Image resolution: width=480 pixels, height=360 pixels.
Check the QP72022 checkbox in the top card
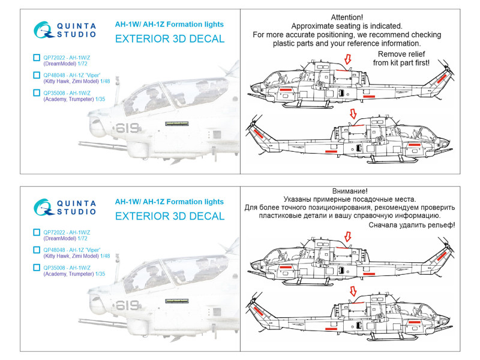tap(37, 58)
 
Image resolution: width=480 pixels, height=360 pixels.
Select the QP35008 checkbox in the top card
tap(37, 93)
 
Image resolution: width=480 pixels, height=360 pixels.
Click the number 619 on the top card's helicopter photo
tap(127, 128)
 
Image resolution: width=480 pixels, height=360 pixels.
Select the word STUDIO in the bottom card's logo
tap(77, 211)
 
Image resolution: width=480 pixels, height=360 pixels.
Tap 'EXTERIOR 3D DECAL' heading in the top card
tap(169, 39)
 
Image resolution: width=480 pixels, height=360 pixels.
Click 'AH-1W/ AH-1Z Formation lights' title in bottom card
tap(169, 202)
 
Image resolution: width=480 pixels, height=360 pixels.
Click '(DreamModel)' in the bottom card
tap(62, 238)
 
